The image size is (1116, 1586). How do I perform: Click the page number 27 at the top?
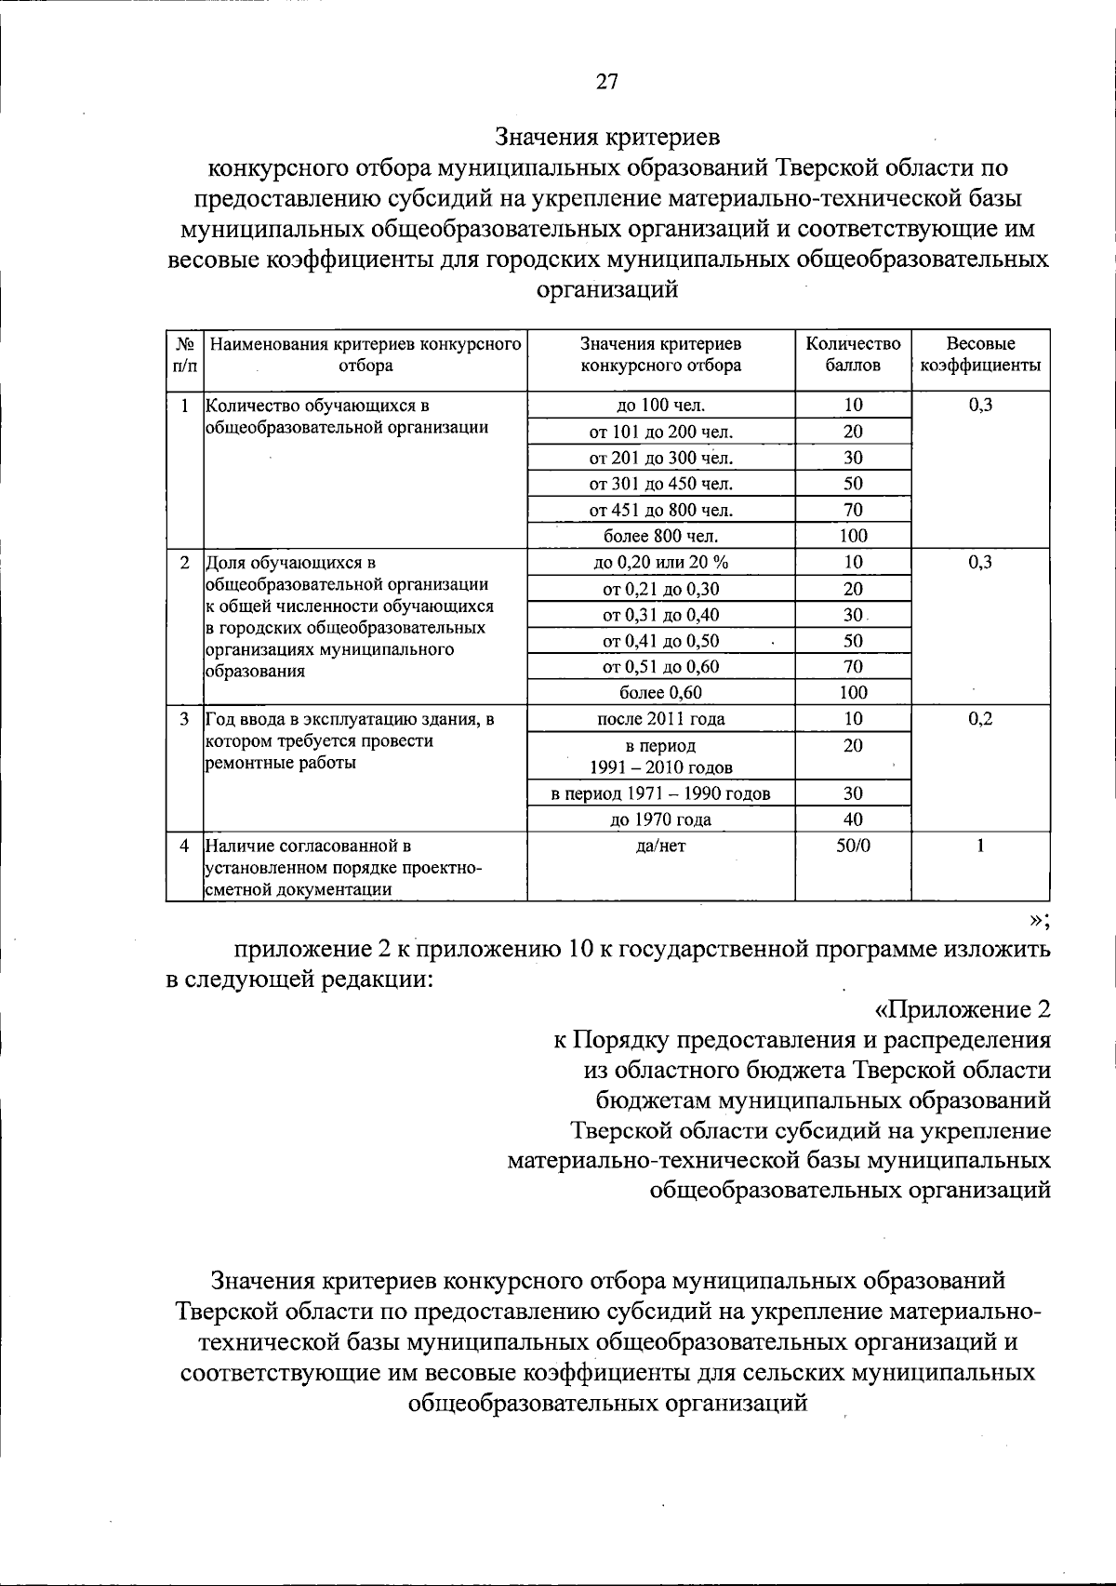pos(606,82)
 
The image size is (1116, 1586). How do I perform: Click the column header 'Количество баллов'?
pos(853,354)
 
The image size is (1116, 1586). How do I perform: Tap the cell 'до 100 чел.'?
pos(660,405)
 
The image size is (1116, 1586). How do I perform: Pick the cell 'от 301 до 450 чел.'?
pos(660,484)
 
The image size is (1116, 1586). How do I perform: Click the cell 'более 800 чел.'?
pos(660,536)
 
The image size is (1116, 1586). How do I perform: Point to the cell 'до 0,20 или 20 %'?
pos(660,562)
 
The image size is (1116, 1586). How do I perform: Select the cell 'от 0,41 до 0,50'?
pos(660,641)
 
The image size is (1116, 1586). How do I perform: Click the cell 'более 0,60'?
pos(660,693)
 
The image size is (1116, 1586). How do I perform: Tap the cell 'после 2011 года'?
pos(660,719)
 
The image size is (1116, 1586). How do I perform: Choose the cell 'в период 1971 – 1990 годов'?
pos(660,793)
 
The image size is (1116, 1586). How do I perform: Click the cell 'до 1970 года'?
pos(660,820)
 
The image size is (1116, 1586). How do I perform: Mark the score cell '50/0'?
pos(853,846)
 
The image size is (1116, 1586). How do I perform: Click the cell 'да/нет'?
pos(660,846)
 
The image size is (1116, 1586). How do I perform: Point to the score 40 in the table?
pos(853,820)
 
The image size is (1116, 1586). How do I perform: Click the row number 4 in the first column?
pos(184,846)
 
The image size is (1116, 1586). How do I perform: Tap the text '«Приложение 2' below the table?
pos(963,1009)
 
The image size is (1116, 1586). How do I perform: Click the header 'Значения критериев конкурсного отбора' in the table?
pos(660,354)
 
